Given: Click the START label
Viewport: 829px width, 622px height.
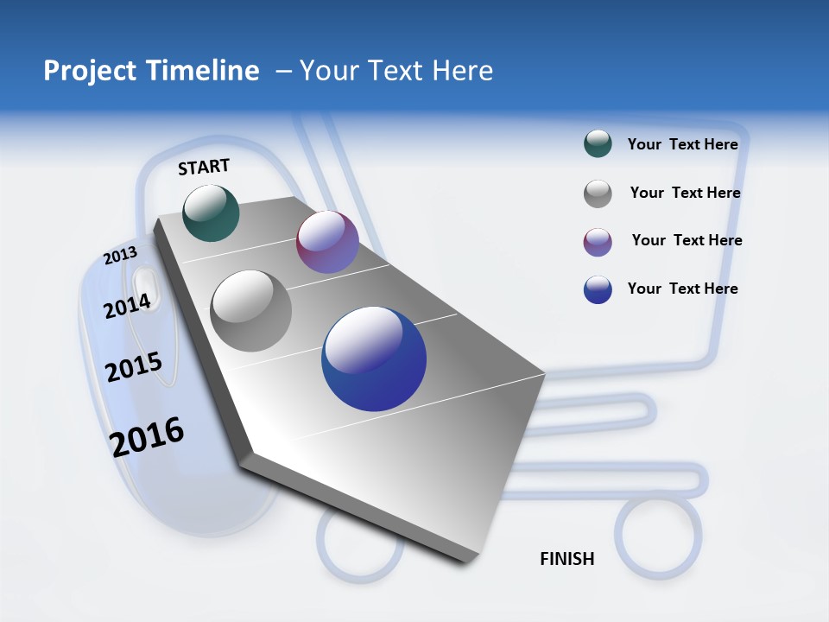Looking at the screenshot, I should [204, 167].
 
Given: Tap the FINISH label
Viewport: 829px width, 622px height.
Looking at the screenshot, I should [567, 559].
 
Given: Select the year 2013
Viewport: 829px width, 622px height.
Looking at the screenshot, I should [121, 256].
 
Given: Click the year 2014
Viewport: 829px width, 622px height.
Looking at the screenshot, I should [128, 306].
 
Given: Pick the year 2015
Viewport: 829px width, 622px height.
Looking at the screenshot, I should [134, 367].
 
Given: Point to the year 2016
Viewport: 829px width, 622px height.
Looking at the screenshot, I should [147, 437].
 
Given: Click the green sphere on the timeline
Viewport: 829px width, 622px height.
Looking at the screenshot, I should [211, 213].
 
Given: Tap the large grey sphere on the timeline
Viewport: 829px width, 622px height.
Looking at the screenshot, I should [251, 311].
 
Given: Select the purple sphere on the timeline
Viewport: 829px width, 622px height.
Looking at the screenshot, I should [327, 242].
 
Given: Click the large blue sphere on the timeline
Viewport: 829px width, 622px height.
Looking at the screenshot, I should [374, 359].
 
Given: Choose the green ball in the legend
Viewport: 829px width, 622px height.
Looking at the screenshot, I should [598, 144].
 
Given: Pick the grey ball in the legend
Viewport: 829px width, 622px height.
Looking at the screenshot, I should [598, 194].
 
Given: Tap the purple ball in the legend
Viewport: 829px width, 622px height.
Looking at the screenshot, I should [598, 242].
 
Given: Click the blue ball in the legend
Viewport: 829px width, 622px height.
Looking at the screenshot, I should [598, 289].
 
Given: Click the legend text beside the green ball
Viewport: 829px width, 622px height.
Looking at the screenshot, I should [682, 144].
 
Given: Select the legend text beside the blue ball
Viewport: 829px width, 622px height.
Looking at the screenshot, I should [682, 289].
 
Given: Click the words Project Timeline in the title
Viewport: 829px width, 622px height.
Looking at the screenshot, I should [151, 71].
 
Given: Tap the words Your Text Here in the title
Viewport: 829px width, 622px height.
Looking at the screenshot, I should [396, 71].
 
